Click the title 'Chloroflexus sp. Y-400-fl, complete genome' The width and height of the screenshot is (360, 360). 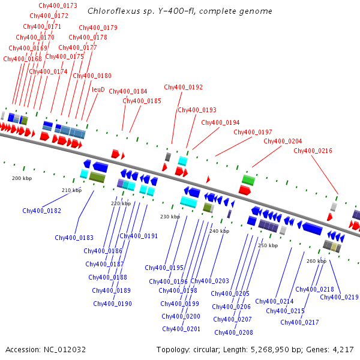[179, 11]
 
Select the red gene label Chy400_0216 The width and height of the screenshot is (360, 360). [313, 151]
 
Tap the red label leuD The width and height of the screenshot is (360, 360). [98, 89]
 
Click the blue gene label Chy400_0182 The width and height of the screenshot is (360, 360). [41, 211]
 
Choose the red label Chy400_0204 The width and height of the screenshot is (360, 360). [283, 141]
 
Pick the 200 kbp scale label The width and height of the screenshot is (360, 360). [21, 178]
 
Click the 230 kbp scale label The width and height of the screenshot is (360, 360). [170, 217]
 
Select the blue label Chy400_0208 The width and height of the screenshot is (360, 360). [233, 332]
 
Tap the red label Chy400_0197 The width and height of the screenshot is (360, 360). [253, 132]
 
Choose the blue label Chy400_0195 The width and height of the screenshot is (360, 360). [164, 268]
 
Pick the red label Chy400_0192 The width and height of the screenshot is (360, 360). [183, 87]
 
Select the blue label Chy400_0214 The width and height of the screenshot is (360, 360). [274, 301]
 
